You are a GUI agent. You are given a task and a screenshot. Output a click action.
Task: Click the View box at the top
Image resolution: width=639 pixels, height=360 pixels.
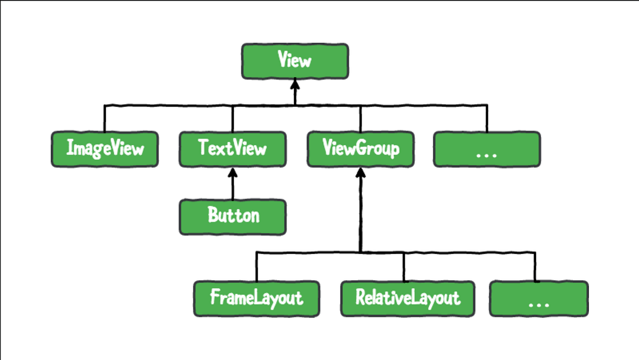[x=295, y=61]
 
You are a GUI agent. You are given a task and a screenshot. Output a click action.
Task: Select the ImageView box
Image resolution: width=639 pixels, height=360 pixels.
[x=104, y=149]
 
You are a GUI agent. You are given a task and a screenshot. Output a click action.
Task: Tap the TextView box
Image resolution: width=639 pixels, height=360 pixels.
[x=232, y=149]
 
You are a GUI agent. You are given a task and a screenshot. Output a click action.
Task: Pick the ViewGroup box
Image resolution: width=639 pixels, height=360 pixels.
[x=361, y=149]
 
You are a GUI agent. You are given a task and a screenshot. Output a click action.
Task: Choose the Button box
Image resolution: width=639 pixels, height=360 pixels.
[x=233, y=217]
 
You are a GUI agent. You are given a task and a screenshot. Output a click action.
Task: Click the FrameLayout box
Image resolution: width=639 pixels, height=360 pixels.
[x=257, y=299]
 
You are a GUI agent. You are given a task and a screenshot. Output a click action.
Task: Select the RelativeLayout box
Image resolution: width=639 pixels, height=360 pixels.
[x=407, y=299]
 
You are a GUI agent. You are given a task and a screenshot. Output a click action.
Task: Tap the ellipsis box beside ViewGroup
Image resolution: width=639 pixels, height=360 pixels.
[x=487, y=149]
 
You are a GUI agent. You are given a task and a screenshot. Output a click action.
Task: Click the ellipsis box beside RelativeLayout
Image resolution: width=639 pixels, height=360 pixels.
[x=539, y=299]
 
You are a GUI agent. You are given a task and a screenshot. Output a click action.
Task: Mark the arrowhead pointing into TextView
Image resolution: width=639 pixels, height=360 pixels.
[x=232, y=173]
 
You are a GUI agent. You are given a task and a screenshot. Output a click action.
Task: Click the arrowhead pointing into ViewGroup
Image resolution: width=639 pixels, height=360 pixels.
[x=361, y=173]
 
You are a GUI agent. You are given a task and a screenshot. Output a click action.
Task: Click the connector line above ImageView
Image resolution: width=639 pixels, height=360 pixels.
[x=104, y=118]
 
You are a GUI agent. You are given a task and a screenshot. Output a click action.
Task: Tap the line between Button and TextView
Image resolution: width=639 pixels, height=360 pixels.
[x=232, y=189]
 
